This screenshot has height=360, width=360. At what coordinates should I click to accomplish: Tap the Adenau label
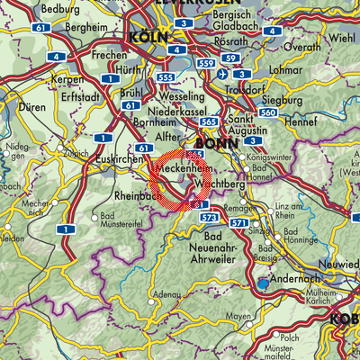164,294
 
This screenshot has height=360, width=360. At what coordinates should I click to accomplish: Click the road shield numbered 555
165,79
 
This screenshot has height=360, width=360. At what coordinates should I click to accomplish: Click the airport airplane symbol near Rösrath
223,73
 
